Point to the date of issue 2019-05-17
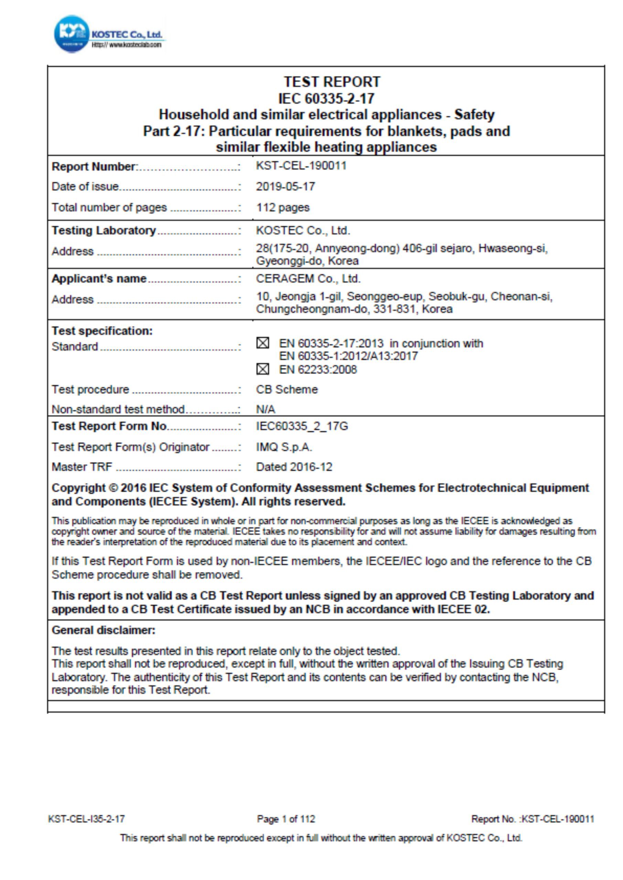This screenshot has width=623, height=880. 286,187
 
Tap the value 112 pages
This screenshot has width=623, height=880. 283,207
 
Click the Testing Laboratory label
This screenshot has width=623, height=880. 104,230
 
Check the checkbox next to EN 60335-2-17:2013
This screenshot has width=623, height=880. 262,343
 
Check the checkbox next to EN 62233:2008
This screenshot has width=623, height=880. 262,369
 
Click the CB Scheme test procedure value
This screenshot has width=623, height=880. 287,389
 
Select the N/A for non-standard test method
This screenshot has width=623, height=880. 266,409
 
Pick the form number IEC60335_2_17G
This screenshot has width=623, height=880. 302,426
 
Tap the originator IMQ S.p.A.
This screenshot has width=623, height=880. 284,447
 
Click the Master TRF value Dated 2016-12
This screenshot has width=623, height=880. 294,467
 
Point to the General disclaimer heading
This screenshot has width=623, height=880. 104,630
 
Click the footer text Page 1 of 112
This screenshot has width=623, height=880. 286,819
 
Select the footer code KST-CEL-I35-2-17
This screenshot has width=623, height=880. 86,819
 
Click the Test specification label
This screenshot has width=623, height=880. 102,331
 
